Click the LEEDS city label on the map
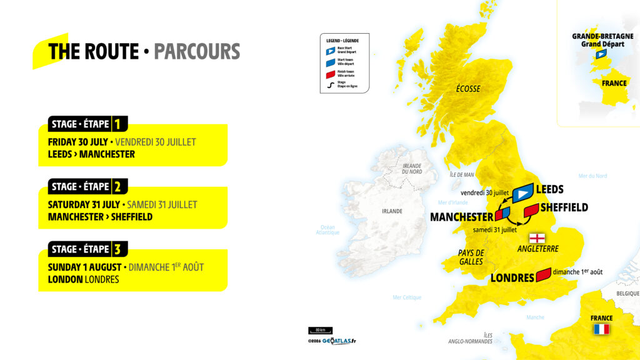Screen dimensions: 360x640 [x=550, y=189]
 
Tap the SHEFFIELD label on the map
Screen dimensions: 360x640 [x=564, y=207]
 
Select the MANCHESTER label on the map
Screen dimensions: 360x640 [x=462, y=217]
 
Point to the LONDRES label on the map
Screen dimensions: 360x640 [x=512, y=277]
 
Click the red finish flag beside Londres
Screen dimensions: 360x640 [x=543, y=274]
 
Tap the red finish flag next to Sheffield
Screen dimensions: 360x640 [x=531, y=211]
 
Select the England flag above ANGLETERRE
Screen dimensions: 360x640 [x=537, y=238]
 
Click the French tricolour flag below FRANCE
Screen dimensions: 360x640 [x=601, y=329]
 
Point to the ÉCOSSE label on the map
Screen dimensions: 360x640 [x=467, y=89]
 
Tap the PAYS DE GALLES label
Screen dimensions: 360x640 [x=471, y=257]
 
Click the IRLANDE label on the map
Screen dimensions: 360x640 [x=392, y=211]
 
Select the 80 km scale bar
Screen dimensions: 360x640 [x=320, y=330]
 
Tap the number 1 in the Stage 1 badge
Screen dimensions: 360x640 [x=116, y=124]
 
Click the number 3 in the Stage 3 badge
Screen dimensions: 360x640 [x=116, y=249]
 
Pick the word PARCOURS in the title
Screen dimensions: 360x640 [x=197, y=51]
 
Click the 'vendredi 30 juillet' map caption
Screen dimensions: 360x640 [x=479, y=193]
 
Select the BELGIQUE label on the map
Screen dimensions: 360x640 [x=627, y=293]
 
